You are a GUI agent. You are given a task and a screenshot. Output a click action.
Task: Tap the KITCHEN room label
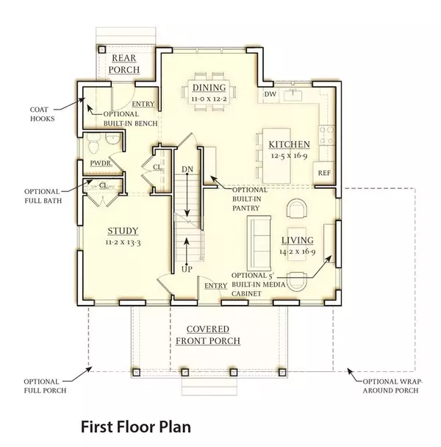tap(288, 144)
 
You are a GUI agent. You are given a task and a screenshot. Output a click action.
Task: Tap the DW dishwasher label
tap(270, 94)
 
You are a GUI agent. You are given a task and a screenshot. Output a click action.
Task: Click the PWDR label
tap(101, 162)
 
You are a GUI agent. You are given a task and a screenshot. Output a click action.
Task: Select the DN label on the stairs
tap(187, 169)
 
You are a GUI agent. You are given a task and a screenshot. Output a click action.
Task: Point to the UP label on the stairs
tap(187, 270)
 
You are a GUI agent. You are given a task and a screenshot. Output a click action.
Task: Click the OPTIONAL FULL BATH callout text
tap(43, 193)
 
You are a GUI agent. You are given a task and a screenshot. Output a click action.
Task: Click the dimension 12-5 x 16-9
tap(289, 155)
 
